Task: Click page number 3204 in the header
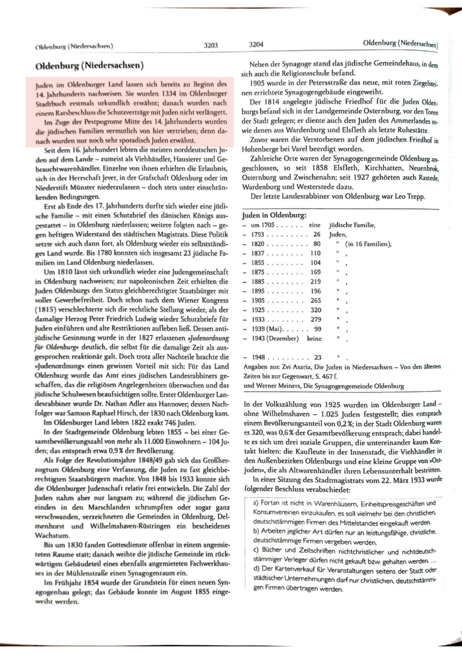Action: pos(256,44)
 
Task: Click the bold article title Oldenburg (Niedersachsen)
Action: pos(89,65)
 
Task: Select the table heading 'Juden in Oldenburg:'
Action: pos(274,215)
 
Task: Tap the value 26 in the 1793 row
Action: pos(317,234)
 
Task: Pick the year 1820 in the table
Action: pos(258,244)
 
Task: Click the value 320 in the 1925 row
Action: pos(315,310)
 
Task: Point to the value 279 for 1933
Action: pos(315,320)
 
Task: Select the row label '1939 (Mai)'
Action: pos(266,329)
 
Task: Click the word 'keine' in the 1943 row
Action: pos(314,338)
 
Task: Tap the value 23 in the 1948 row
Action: pos(317,357)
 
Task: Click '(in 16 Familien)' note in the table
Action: pos(368,244)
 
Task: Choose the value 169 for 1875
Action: pos(315,272)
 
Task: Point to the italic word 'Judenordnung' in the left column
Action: pos(210,338)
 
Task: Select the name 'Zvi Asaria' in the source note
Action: pos(290,367)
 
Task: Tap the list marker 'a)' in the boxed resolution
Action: pos(256,503)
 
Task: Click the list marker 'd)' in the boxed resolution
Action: pos(256,569)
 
